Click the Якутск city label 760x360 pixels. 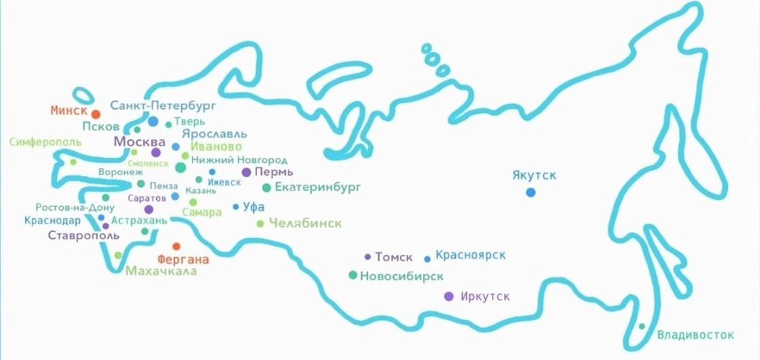(x=535, y=176)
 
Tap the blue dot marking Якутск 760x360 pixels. (x=531, y=193)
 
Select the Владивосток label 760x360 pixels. (x=696, y=335)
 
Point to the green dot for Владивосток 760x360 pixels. (x=642, y=327)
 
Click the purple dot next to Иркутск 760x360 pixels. (x=448, y=296)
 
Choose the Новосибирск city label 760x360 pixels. (x=402, y=276)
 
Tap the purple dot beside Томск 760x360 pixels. (x=367, y=257)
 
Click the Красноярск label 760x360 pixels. (x=471, y=256)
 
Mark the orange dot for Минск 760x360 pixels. (x=96, y=115)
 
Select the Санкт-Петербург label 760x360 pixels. (x=163, y=106)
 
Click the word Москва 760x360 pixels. (x=140, y=142)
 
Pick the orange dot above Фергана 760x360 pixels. (x=176, y=247)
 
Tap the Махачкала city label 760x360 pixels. (x=161, y=271)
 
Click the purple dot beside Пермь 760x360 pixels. (x=246, y=172)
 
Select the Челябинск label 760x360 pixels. (x=305, y=223)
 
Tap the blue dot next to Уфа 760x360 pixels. (x=236, y=207)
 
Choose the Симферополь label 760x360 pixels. (x=45, y=142)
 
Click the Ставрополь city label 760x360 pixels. (x=83, y=236)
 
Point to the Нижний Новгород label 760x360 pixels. (x=239, y=160)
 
